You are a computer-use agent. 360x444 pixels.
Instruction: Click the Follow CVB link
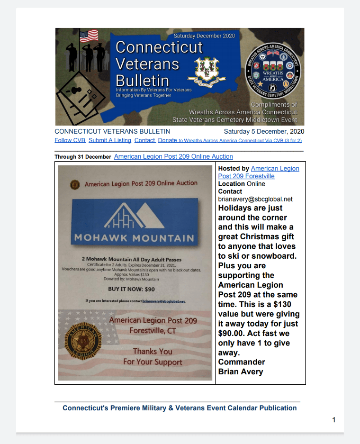click(x=70, y=140)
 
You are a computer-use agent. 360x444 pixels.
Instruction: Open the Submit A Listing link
click(x=109, y=140)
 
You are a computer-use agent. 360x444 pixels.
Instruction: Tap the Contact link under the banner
click(x=144, y=140)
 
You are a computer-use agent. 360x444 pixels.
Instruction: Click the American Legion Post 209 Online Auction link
click(x=173, y=156)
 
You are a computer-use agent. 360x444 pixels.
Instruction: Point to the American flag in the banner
click(x=89, y=36)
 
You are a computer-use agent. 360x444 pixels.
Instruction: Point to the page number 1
click(x=334, y=420)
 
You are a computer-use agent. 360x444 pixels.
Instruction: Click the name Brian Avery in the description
click(x=240, y=372)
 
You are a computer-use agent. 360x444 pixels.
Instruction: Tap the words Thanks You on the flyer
click(x=152, y=351)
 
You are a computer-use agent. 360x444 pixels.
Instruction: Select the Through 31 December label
click(x=82, y=157)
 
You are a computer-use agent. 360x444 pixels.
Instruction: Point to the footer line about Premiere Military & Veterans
click(x=180, y=408)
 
